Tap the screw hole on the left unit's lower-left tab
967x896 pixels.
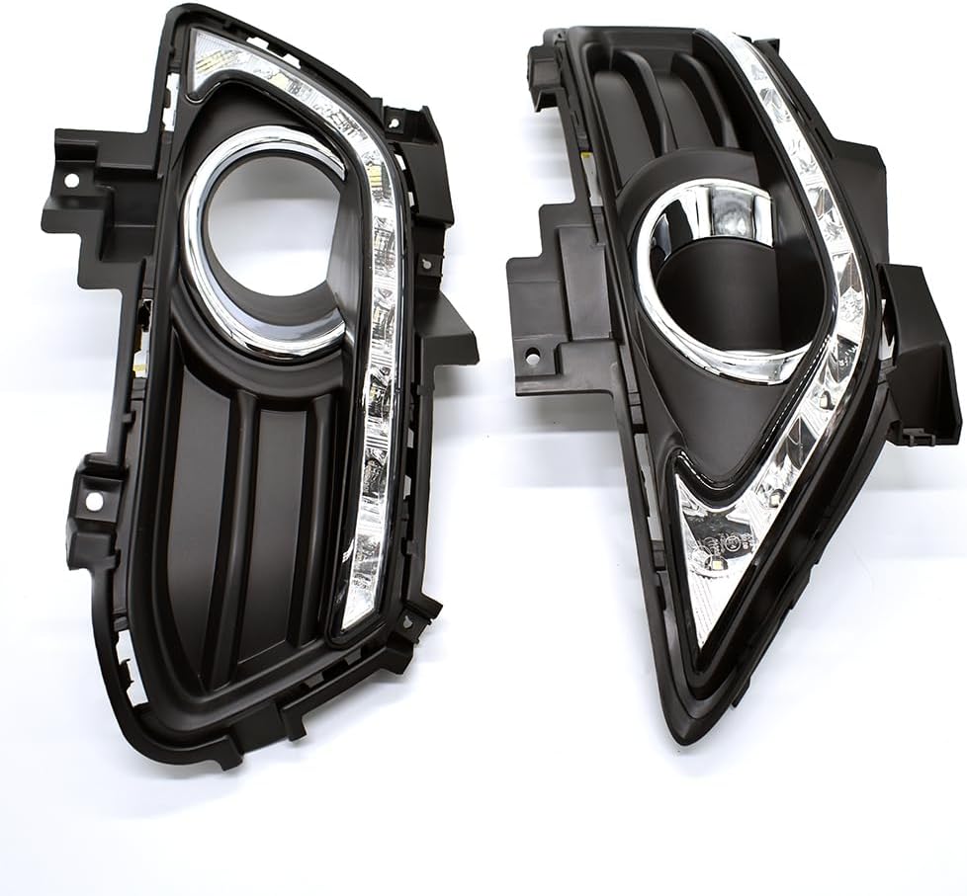click(x=94, y=502)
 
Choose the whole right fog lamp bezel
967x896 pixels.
click(x=732, y=375)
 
